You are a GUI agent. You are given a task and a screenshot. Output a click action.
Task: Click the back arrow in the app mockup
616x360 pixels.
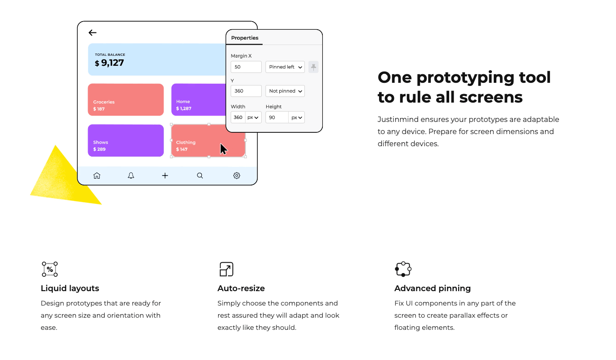pyautogui.click(x=93, y=32)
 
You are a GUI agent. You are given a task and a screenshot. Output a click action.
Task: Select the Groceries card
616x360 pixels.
pyautogui.click(x=125, y=99)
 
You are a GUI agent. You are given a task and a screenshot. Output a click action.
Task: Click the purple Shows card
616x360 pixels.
pyautogui.click(x=125, y=140)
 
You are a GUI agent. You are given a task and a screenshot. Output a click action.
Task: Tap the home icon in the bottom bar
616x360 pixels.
pyautogui.click(x=97, y=175)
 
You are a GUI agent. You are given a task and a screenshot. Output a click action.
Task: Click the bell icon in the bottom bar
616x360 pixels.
pyautogui.click(x=131, y=175)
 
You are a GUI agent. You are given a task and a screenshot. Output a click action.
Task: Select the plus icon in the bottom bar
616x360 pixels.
pyautogui.click(x=165, y=175)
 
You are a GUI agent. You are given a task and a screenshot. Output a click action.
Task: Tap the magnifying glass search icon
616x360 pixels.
pyautogui.click(x=200, y=175)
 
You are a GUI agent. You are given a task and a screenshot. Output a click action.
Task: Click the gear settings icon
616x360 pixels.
pyautogui.click(x=237, y=175)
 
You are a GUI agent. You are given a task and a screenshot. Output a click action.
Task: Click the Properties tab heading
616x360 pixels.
pyautogui.click(x=245, y=38)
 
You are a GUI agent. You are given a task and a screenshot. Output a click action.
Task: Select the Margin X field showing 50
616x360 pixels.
pyautogui.click(x=246, y=67)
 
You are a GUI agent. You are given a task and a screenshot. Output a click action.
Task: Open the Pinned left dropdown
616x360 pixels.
pyautogui.click(x=285, y=67)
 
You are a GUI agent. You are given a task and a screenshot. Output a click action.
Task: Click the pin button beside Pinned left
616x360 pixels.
pyautogui.click(x=313, y=67)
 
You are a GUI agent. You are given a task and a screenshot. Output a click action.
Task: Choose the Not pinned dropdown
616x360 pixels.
pyautogui.click(x=285, y=91)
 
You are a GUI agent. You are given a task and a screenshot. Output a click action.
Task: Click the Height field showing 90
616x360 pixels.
pyautogui.click(x=277, y=117)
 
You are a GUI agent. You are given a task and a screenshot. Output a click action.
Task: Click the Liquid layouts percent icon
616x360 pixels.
pyautogui.click(x=50, y=269)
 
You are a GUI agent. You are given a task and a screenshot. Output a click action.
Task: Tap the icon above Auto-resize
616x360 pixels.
pyautogui.click(x=226, y=269)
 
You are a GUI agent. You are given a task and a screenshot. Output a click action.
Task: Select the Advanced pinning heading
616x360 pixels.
pyautogui.click(x=433, y=288)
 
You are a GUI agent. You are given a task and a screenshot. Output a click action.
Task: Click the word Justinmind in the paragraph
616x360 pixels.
pyautogui.click(x=396, y=120)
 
